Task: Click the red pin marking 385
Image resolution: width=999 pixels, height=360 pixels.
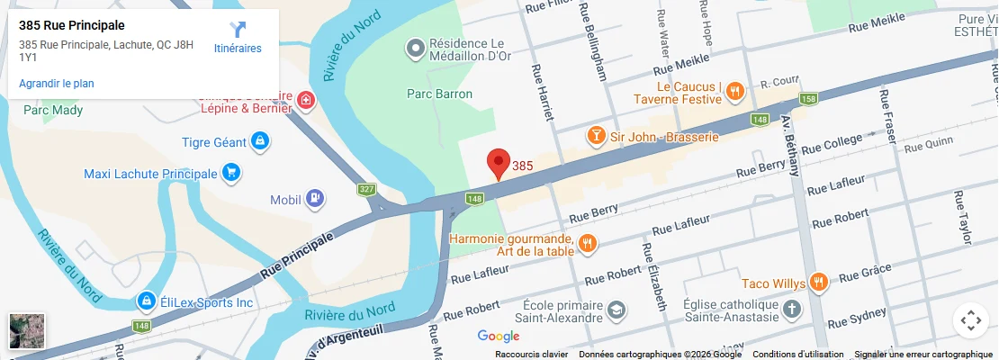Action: click(x=497, y=163)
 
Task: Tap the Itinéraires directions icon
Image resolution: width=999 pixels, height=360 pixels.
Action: click(x=238, y=29)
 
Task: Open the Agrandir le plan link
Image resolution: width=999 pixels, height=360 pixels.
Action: click(x=57, y=84)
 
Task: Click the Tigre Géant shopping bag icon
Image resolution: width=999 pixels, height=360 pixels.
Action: click(x=259, y=141)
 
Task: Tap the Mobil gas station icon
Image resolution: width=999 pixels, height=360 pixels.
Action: click(x=314, y=198)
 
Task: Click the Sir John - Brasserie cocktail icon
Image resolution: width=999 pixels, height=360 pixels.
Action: click(x=595, y=136)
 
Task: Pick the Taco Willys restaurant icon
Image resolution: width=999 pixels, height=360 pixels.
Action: click(x=818, y=283)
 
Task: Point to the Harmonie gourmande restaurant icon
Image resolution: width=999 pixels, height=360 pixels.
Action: click(x=587, y=243)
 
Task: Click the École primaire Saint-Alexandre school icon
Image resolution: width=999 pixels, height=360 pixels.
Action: click(x=616, y=310)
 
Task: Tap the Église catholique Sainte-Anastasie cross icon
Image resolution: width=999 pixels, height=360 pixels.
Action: click(x=792, y=310)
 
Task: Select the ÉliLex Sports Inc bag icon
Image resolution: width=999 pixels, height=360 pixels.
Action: click(x=145, y=301)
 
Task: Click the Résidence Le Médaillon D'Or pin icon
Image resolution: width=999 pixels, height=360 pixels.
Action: click(x=415, y=47)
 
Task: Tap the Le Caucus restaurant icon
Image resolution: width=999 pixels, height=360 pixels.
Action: click(x=736, y=90)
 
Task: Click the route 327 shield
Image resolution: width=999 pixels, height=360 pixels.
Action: click(x=365, y=189)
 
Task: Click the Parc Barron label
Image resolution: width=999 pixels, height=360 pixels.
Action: click(x=432, y=93)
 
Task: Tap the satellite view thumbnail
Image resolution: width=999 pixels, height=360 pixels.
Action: click(x=26, y=330)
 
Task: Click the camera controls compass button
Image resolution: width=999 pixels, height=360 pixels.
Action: click(x=970, y=319)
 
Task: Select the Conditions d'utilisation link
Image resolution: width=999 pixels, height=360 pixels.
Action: click(x=798, y=354)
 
